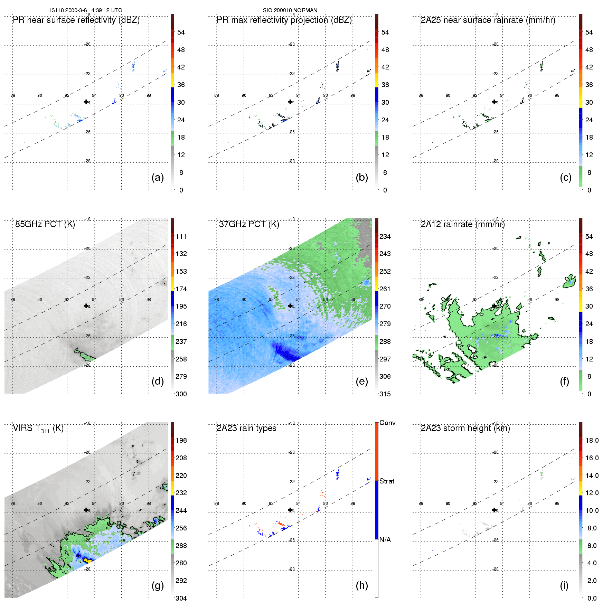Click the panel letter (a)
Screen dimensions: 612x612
(158, 178)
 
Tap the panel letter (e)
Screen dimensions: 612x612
(362, 382)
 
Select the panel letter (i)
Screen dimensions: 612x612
(564, 585)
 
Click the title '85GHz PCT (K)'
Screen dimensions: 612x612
(45, 224)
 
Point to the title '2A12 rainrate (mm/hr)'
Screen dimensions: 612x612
(463, 224)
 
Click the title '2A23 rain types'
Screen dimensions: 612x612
(246, 428)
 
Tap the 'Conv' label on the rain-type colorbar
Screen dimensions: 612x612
(387, 423)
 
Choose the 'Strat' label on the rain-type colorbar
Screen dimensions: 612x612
(387, 481)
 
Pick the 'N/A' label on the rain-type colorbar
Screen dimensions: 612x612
(385, 540)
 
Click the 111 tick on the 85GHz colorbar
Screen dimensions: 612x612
(181, 236)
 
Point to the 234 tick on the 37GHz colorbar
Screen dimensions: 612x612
(385, 236)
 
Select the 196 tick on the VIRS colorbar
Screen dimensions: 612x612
(181, 440)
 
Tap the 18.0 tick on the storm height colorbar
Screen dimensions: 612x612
(592, 440)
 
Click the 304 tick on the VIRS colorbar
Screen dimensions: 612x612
(181, 598)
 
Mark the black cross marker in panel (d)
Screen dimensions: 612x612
(86, 306)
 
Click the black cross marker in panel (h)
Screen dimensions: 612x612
(290, 510)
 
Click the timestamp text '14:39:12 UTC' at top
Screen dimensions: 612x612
(107, 10)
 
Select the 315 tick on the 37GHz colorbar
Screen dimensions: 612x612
(385, 394)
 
